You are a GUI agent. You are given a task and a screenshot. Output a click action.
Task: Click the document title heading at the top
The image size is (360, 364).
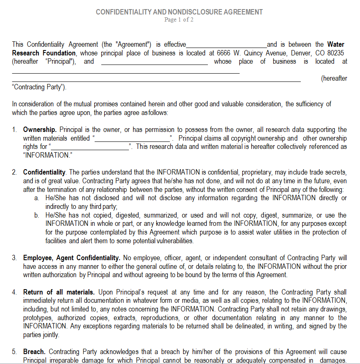click(179, 12)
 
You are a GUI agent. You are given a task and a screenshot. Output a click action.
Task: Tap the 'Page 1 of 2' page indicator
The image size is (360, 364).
click(179, 19)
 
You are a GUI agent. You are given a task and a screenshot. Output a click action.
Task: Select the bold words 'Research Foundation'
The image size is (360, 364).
click(44, 53)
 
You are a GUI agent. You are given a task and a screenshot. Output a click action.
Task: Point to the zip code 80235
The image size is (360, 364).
click(335, 53)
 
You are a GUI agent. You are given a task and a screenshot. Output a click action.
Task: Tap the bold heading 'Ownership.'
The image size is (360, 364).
click(40, 130)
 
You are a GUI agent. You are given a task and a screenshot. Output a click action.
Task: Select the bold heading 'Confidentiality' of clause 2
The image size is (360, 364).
click(44, 172)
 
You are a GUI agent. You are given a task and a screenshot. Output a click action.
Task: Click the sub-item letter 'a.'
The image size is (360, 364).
click(37, 198)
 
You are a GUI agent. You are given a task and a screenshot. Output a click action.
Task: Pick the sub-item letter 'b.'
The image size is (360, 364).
click(37, 216)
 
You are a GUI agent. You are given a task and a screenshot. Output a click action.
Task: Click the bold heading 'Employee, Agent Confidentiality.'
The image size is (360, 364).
click(72, 258)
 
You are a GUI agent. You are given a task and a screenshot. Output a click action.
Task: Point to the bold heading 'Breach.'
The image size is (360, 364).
click(34, 352)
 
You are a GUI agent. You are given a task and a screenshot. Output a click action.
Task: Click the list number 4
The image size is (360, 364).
click(14, 292)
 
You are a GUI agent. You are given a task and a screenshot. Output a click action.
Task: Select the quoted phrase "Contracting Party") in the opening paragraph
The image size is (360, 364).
click(38, 87)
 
